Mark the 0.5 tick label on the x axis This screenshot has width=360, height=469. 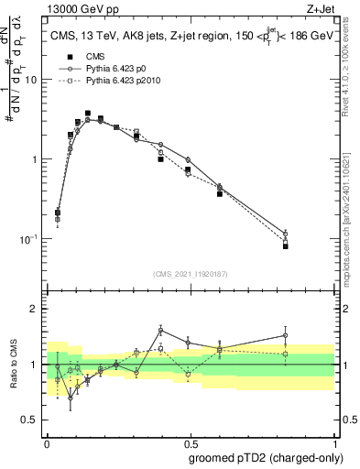(x=191, y=442)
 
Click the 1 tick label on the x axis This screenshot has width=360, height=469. (x=333, y=442)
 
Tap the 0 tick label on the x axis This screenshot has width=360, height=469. (x=47, y=442)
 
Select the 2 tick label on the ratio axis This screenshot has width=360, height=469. (x=37, y=310)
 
